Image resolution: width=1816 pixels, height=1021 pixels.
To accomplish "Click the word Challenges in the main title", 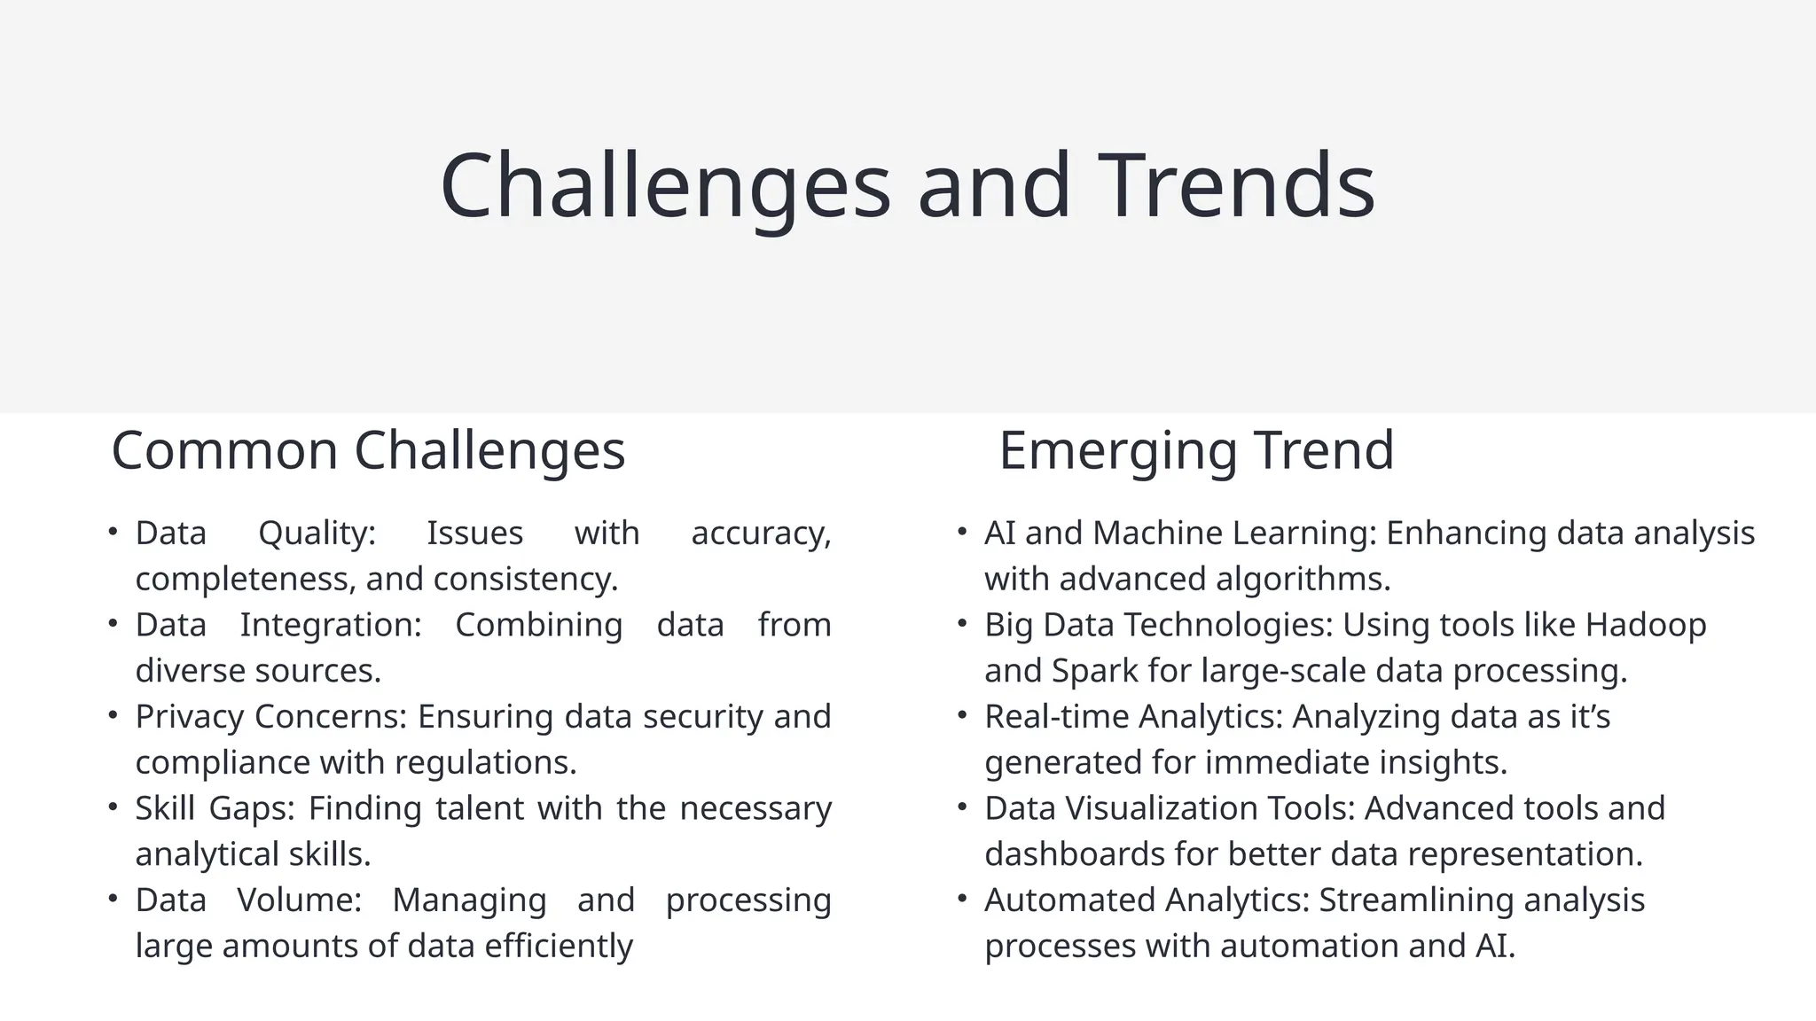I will pos(665,186).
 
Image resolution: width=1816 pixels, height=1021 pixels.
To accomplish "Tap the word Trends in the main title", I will pos(1236,186).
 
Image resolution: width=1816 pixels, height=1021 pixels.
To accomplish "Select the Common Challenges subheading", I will pos(368,450).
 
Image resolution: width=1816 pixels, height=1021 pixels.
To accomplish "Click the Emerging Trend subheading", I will pos(1196,450).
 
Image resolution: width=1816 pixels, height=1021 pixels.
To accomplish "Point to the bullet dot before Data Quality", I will pos(113,532).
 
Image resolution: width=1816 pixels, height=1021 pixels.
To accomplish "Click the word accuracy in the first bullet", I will pos(760,534).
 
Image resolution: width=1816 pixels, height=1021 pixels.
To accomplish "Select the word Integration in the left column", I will pos(330,625).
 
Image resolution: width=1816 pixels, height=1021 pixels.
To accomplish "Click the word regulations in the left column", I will pos(485,762).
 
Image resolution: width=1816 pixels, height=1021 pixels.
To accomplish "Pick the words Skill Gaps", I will pos(215,808).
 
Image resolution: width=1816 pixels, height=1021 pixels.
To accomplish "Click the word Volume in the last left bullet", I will pos(299,900).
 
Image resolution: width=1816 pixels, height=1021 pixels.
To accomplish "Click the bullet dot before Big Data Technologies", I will pos(962,624).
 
